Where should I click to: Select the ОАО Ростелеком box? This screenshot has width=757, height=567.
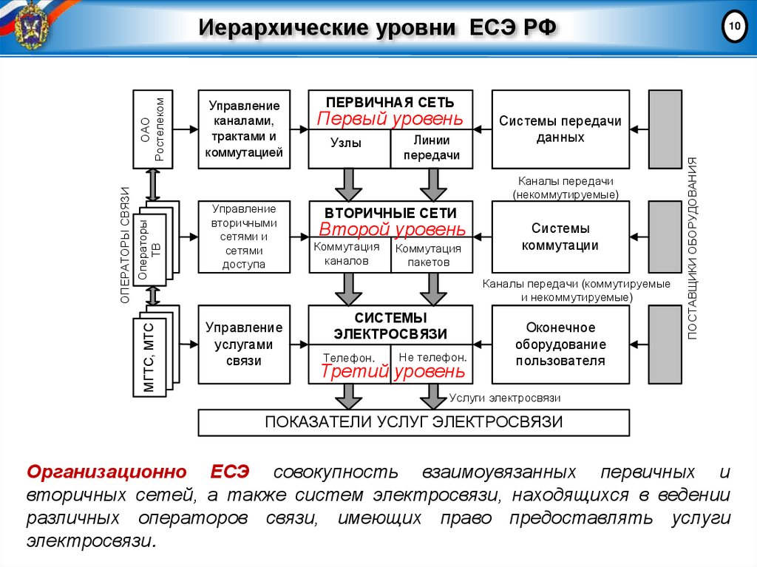click(x=153, y=129)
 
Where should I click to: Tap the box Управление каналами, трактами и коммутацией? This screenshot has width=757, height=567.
click(x=244, y=129)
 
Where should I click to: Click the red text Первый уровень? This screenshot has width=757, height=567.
click(x=390, y=119)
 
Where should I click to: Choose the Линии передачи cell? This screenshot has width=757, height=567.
click(x=432, y=149)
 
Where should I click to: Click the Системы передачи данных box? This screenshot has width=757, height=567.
click(x=560, y=129)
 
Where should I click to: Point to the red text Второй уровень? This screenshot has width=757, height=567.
click(x=393, y=229)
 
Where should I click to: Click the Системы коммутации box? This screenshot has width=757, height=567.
click(x=560, y=237)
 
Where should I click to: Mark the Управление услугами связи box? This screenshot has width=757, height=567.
click(x=244, y=344)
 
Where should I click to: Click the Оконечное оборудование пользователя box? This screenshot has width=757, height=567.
click(x=560, y=344)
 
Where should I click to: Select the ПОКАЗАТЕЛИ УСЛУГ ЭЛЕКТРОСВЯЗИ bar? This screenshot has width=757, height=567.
click(x=413, y=423)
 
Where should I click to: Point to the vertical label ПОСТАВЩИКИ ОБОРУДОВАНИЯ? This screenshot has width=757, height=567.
click(x=693, y=248)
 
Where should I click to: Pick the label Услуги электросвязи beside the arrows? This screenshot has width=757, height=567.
click(x=505, y=398)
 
